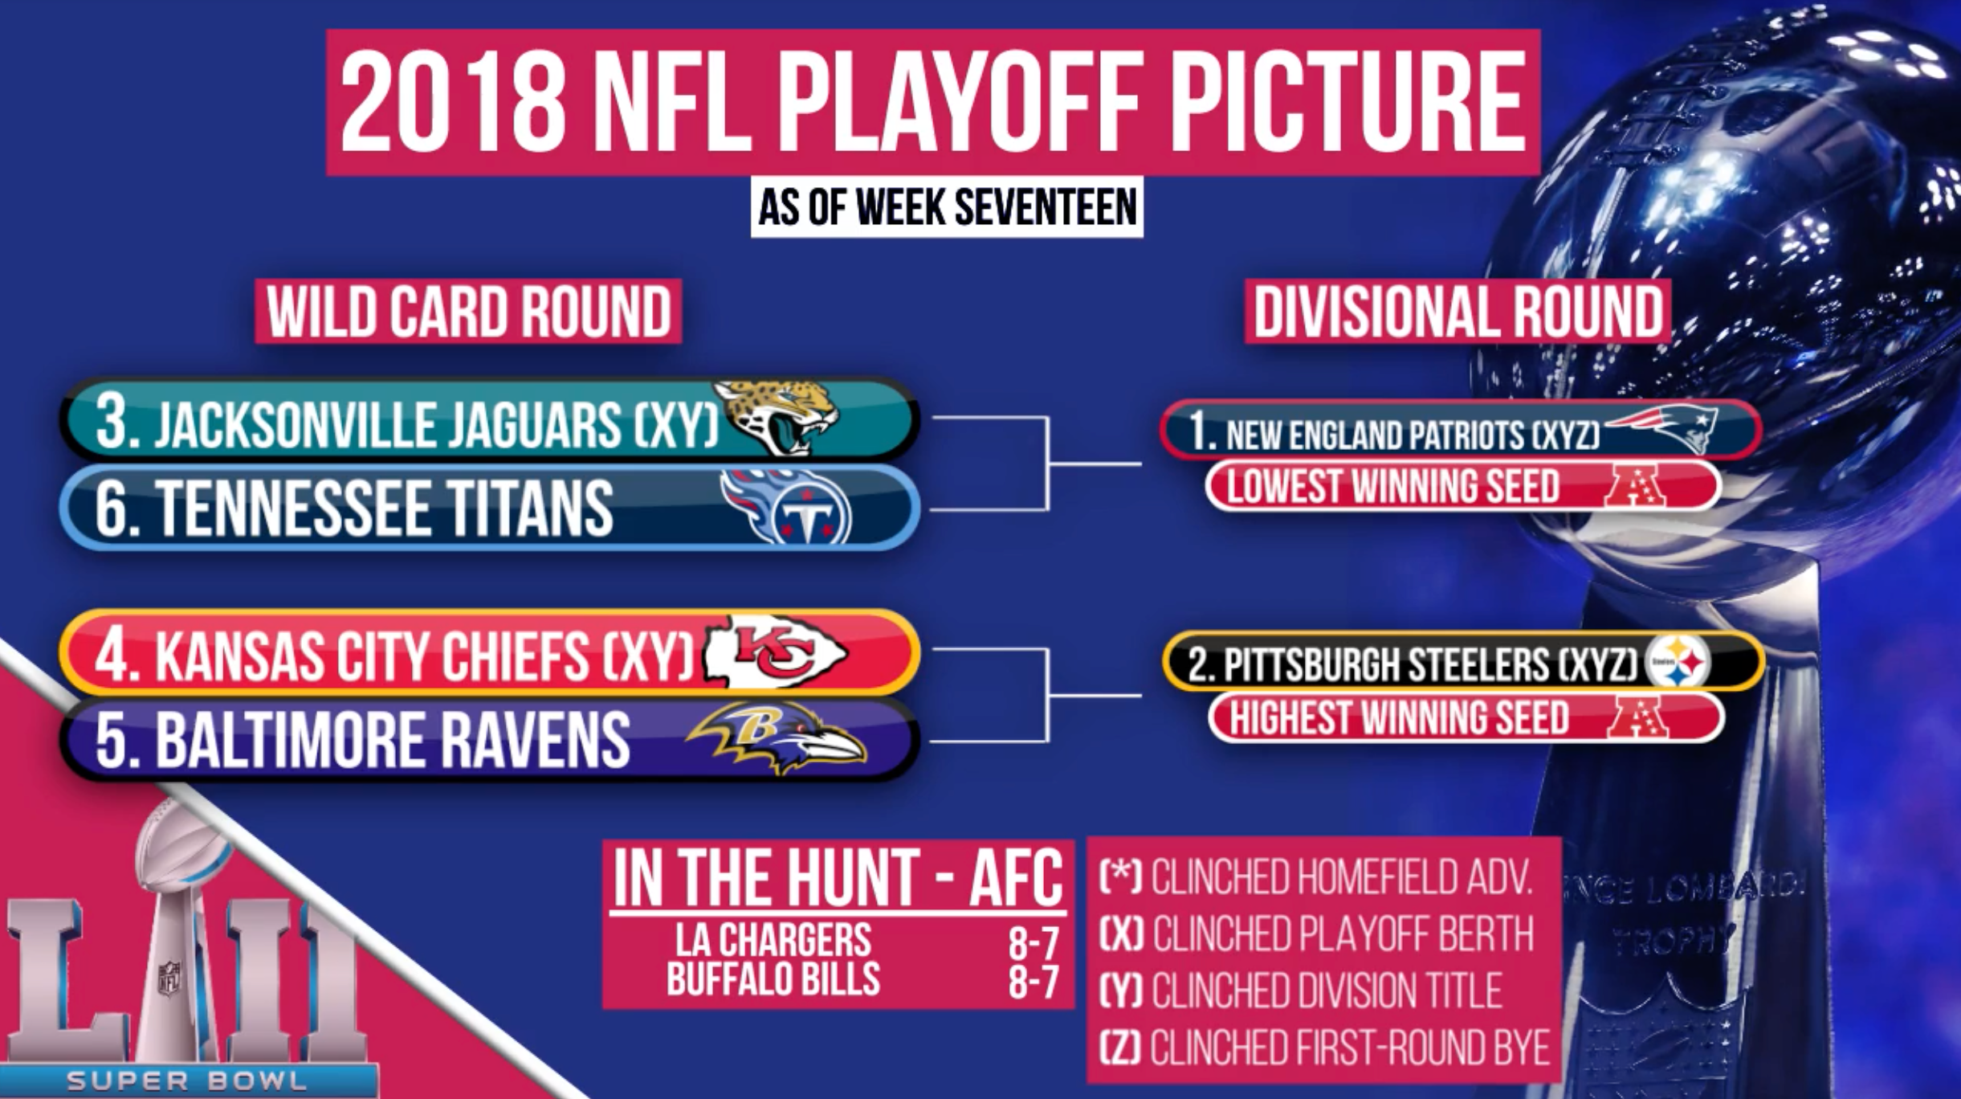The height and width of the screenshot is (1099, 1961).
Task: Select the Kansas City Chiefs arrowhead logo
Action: point(774,651)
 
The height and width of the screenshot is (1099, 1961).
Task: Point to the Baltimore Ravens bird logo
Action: point(776,737)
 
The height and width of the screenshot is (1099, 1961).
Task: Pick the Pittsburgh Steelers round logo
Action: point(1678,662)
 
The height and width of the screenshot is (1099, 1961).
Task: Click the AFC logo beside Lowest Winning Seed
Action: point(1633,485)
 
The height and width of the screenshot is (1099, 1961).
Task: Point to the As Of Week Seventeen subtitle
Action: point(947,207)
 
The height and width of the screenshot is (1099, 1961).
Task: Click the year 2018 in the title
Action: point(454,102)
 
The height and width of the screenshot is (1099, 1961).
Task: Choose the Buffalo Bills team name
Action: point(773,979)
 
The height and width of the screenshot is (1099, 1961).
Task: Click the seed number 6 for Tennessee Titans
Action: point(112,508)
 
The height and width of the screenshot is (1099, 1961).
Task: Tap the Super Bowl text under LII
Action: point(187,1081)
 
